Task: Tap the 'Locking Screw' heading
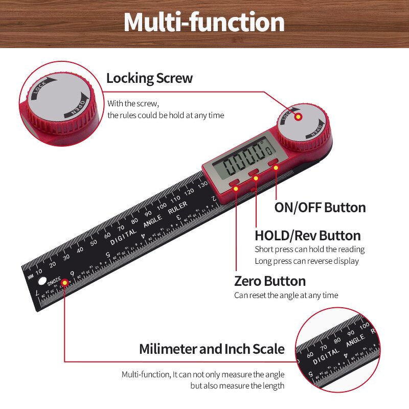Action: click(149, 78)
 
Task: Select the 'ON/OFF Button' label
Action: click(320, 208)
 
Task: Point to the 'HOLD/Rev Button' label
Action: click(307, 236)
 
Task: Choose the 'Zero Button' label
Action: click(270, 281)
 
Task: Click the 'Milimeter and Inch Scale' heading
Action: click(212, 349)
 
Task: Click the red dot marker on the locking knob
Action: click(298, 117)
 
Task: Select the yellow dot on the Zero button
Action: click(236, 188)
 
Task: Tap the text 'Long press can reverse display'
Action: click(307, 261)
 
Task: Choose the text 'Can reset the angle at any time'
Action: click(286, 295)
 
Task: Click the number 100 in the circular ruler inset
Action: click(365, 326)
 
